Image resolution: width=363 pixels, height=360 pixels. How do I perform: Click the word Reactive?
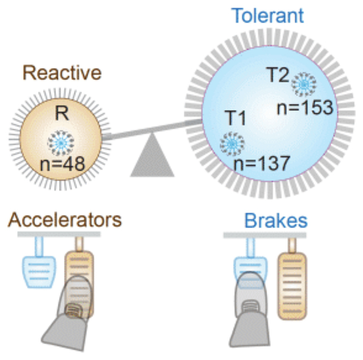pyautogui.click(x=62, y=73)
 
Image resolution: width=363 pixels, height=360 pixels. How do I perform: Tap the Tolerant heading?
pyautogui.click(x=267, y=15)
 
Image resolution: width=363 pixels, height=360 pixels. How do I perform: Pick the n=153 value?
pyautogui.click(x=305, y=108)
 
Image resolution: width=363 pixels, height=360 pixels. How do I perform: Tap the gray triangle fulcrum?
pyautogui.click(x=152, y=159)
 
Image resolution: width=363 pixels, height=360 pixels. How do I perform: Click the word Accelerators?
pyautogui.click(x=64, y=220)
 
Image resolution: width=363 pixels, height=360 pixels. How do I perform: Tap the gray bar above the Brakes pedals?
pyautogui.click(x=266, y=234)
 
